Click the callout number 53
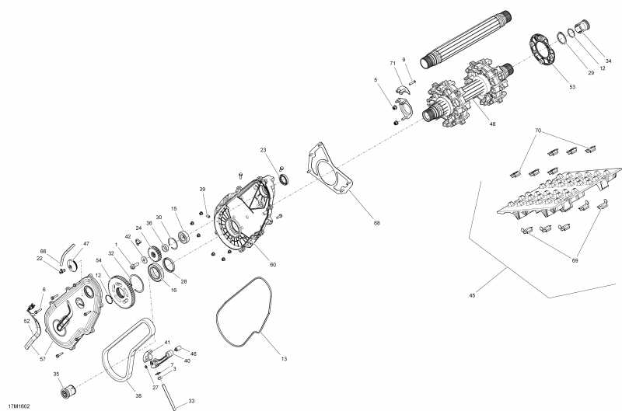572,86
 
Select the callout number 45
473,295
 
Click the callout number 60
273,264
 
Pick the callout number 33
192,401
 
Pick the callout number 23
264,149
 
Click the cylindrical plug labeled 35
65,388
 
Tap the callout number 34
608,61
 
